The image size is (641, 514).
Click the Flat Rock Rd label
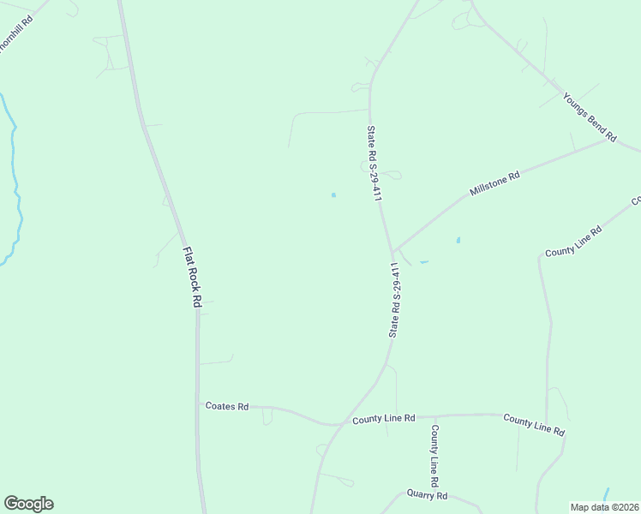tap(191, 278)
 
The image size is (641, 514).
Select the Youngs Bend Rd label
tap(590, 117)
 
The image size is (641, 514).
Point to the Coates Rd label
tap(227, 406)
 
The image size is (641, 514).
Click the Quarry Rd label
tap(427, 495)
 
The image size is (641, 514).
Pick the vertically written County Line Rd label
tap(435, 455)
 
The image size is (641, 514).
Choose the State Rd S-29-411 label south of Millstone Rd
tap(395, 299)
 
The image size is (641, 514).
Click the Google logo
tap(28, 504)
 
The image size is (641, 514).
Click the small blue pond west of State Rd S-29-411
tap(333, 194)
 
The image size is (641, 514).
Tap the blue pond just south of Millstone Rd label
tap(458, 240)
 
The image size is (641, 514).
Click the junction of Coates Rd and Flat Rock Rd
tap(199, 404)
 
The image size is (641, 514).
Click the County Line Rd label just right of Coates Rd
tap(383, 419)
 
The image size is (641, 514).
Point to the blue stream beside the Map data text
tap(606, 494)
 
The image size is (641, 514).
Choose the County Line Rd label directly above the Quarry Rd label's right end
tap(534, 424)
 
